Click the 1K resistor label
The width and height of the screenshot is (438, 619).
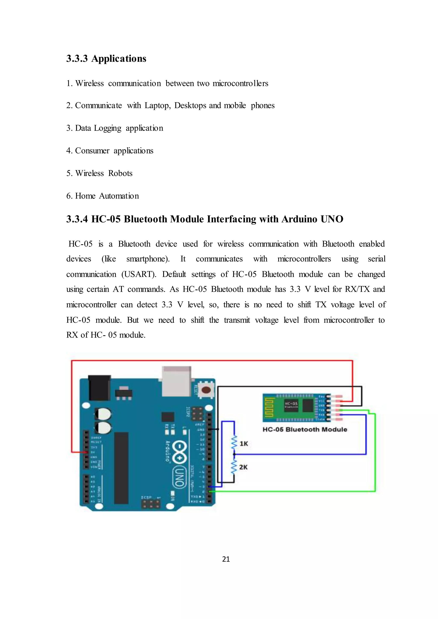pos(244,444)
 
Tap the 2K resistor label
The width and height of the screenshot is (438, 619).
pos(243,467)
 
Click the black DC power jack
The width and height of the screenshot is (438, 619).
pos(99,388)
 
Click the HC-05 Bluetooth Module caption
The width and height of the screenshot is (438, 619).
pos(305,429)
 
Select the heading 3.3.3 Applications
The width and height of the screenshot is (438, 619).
pos(106,59)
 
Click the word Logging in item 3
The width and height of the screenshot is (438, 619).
pos(107,128)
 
